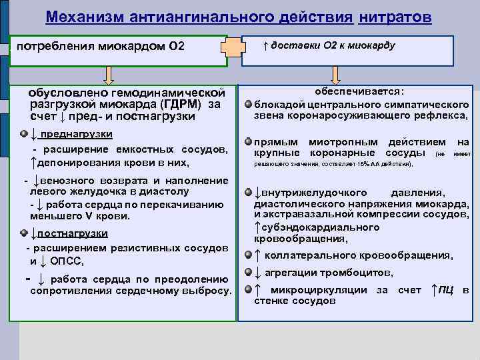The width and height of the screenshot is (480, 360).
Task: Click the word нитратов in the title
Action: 395,16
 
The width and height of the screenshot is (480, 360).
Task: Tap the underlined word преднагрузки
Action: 77,134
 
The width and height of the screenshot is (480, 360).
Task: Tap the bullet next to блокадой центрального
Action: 248,105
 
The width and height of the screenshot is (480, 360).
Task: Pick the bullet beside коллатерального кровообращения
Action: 248,255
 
